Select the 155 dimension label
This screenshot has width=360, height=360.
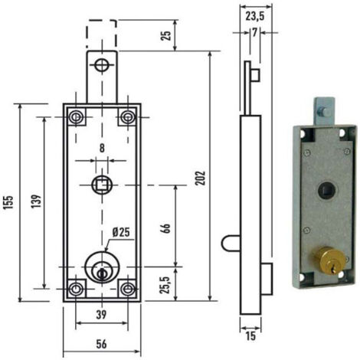8,202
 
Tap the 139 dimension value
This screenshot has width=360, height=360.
36,201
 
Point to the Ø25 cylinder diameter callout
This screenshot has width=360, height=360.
121,232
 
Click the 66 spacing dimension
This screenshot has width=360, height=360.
165,228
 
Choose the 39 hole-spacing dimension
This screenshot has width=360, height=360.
101,315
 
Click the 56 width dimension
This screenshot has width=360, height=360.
101,344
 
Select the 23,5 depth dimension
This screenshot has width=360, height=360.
255,17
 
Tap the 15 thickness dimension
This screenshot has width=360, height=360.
250,336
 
